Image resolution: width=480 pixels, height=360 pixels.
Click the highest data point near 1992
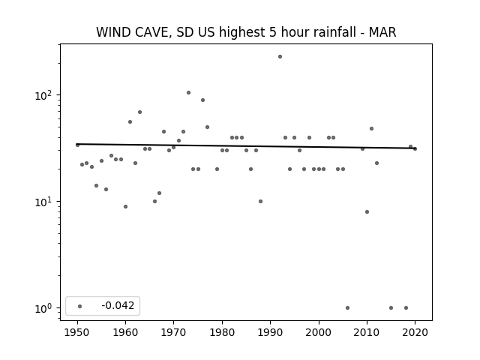pos(280,57)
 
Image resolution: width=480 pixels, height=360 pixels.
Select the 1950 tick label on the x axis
pos(77,332)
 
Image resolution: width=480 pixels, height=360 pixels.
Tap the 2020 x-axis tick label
pos(415,332)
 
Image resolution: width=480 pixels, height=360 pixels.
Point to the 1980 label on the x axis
pos(222,332)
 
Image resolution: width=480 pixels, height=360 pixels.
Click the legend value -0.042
pos(118,305)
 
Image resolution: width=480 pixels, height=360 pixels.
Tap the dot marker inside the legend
pos(80,306)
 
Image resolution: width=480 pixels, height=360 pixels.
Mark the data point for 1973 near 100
pos(188,92)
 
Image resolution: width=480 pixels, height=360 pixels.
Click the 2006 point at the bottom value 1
pos(347,308)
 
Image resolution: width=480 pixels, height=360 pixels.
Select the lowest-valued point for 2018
pos(406,308)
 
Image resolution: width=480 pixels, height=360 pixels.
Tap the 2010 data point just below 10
pos(367,211)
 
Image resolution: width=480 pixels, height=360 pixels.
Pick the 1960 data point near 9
pos(125,207)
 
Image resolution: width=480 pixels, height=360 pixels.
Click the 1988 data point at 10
pos(260,202)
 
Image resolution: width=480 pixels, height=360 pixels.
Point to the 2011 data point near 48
pos(372,128)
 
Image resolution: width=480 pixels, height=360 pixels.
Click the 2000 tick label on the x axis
pos(318,332)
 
